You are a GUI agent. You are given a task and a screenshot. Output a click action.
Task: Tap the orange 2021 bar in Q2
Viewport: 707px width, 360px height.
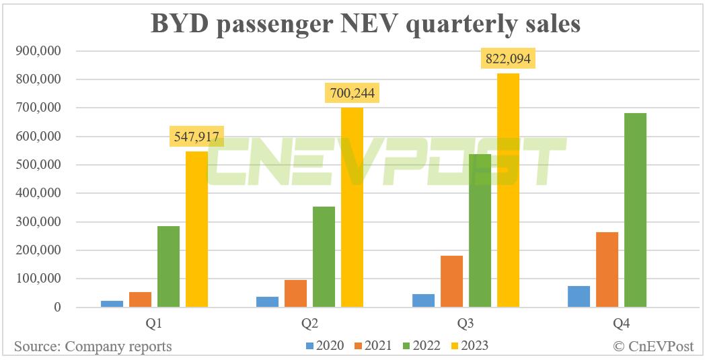[x=295, y=293]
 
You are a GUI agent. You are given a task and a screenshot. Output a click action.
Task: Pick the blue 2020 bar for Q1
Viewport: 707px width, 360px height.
[x=112, y=303]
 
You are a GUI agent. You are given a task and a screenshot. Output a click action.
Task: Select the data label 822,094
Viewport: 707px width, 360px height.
[x=508, y=59]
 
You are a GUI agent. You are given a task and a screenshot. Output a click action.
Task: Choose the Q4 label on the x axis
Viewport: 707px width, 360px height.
[x=620, y=324]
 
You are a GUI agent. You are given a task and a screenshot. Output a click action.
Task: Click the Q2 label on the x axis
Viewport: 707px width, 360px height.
[x=309, y=324]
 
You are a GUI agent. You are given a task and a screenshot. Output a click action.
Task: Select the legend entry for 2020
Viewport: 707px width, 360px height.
[x=325, y=346]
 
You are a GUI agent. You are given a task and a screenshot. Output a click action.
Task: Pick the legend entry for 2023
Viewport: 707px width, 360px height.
[x=469, y=346]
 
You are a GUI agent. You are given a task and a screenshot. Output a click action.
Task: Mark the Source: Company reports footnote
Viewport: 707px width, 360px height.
[x=93, y=347]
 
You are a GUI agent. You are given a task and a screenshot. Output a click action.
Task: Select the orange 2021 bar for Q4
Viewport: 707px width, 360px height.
[x=607, y=270]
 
